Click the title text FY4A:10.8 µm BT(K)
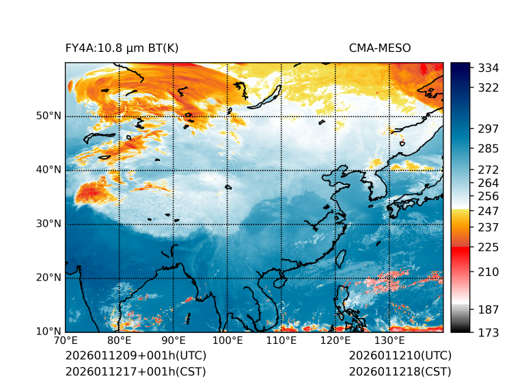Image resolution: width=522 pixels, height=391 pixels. (x=122, y=48)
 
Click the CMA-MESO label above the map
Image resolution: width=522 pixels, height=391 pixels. (x=379, y=48)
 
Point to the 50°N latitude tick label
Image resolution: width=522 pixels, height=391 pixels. (x=49, y=116)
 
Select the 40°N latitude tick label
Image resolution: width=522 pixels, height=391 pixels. (x=49, y=170)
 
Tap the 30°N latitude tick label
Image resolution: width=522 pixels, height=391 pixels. (x=49, y=224)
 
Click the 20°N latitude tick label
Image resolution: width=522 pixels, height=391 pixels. (x=49, y=278)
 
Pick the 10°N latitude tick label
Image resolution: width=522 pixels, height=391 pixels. (x=49, y=332)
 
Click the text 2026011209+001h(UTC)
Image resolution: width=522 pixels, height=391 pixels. (x=135, y=356)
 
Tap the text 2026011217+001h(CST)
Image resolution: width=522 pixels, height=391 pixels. (x=135, y=371)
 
